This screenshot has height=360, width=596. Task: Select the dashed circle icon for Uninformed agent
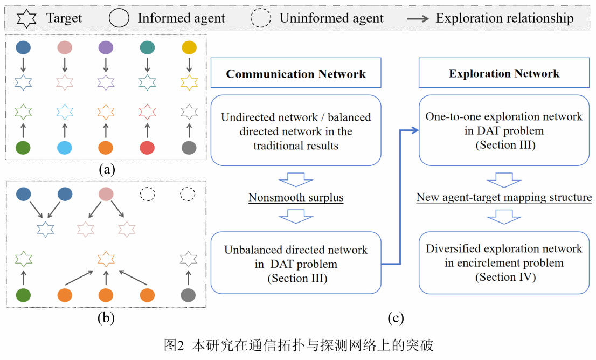click(261, 18)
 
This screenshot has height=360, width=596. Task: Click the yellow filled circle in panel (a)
click(188, 48)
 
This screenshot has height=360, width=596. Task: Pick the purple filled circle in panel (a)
click(106, 48)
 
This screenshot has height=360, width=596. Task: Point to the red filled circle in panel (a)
click(147, 147)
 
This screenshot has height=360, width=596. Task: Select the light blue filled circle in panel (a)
click(65, 147)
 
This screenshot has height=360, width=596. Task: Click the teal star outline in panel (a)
click(147, 82)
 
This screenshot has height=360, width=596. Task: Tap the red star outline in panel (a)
click(147, 112)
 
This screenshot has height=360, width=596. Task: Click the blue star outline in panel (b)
click(45, 229)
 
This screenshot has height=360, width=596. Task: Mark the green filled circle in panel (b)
click(23, 295)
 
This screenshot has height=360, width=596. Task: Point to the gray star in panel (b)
click(188, 260)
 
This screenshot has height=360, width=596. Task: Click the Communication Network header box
click(296, 74)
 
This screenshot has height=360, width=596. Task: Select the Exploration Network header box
click(504, 74)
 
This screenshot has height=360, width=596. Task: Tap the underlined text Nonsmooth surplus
click(296, 198)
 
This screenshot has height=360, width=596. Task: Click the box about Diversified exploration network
click(504, 262)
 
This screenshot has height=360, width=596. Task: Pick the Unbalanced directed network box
click(296, 262)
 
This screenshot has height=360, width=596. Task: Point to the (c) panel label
click(396, 319)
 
